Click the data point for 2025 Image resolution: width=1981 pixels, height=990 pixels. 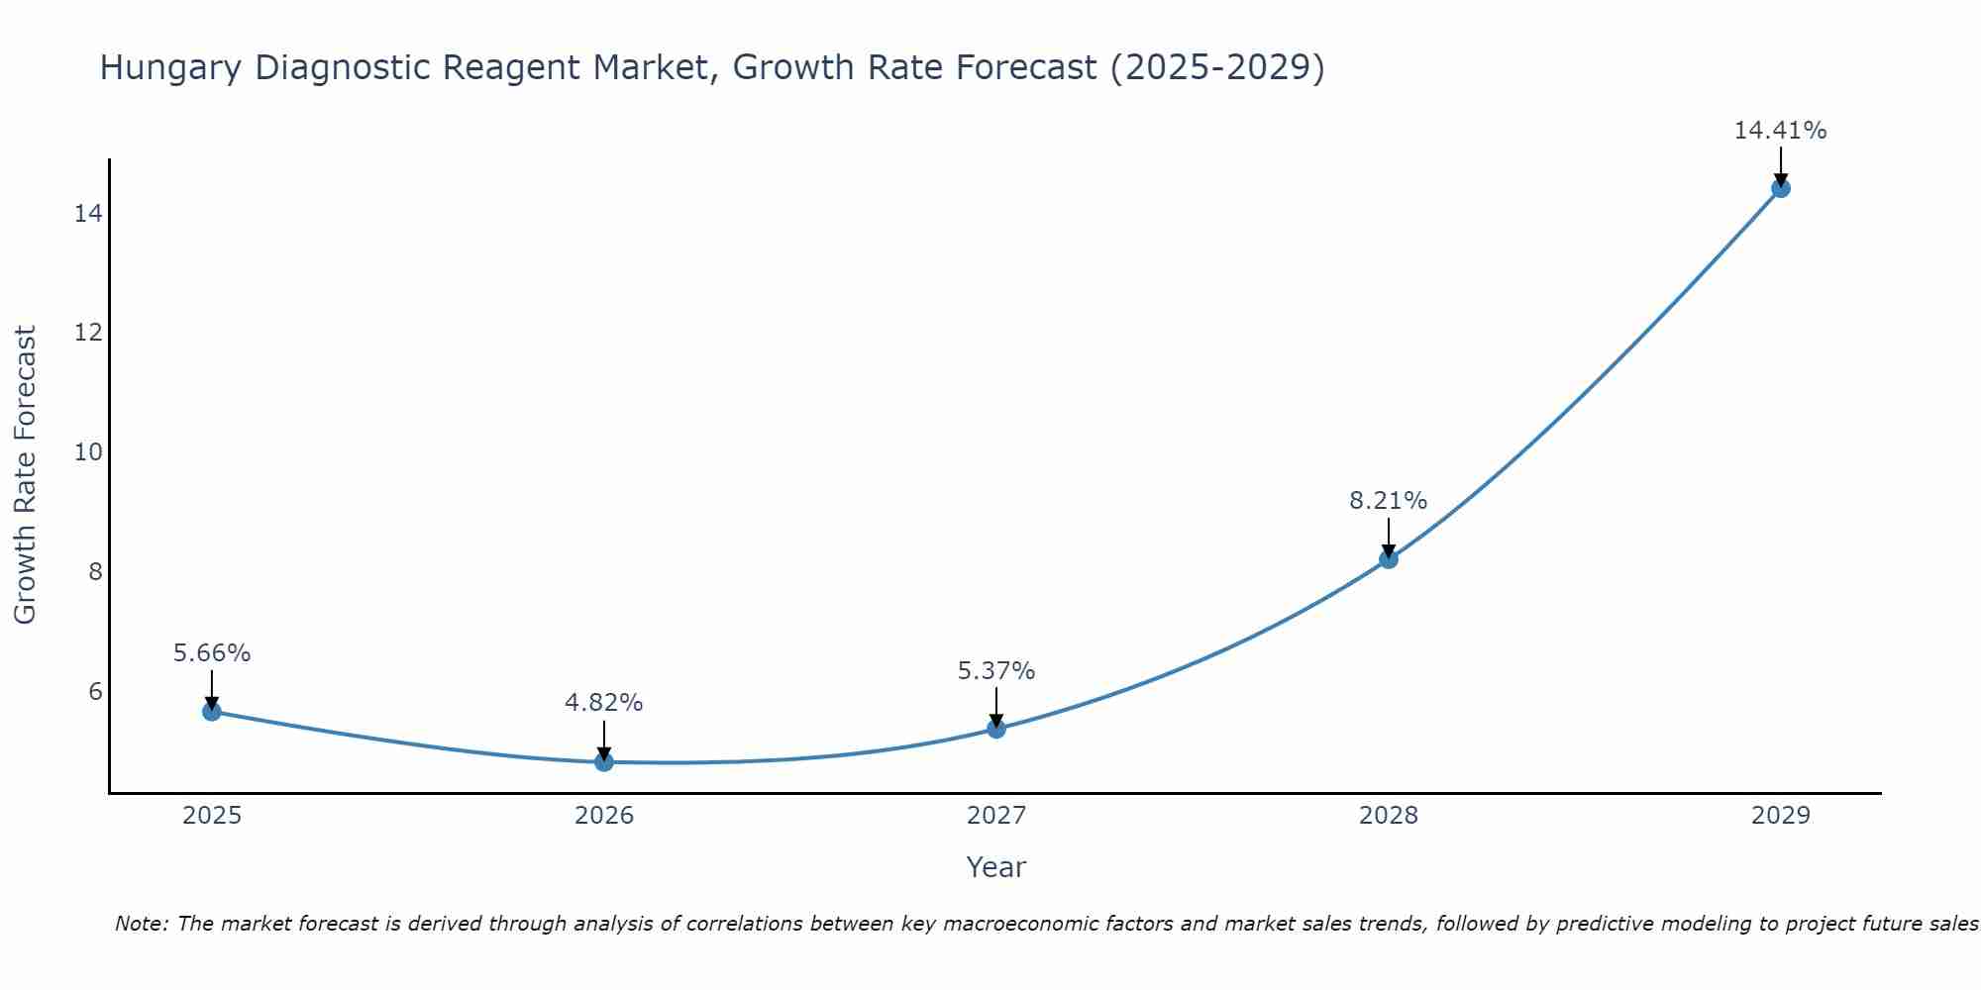tap(212, 711)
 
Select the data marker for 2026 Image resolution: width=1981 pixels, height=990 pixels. tap(604, 761)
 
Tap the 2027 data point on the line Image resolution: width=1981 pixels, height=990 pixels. tap(996, 729)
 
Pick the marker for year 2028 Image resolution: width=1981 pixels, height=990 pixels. tap(1389, 559)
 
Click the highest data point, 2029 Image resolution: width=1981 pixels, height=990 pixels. tap(1780, 188)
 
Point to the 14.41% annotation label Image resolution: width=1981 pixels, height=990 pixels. tap(1780, 131)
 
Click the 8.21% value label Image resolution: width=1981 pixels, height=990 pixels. tap(1388, 501)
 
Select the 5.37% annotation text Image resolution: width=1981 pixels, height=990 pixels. tap(995, 671)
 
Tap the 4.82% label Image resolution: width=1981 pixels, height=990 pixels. tap(603, 703)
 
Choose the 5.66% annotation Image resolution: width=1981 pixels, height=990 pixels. tap(212, 653)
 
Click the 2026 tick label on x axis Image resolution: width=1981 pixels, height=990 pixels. tap(604, 816)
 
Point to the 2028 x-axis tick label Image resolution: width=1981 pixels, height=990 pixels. tap(1389, 816)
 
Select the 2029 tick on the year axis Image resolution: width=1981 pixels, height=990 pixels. tap(1780, 816)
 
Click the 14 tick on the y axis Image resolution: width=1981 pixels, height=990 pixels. tap(88, 214)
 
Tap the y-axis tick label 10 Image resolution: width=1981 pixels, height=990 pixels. tap(88, 452)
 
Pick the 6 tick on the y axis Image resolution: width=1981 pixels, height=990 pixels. tap(95, 691)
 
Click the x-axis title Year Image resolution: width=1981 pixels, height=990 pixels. tap(995, 867)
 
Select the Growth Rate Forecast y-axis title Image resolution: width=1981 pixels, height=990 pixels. tap(26, 475)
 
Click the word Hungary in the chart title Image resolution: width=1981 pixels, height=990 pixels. tap(171, 68)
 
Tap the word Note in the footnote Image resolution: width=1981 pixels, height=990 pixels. tap(142, 924)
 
